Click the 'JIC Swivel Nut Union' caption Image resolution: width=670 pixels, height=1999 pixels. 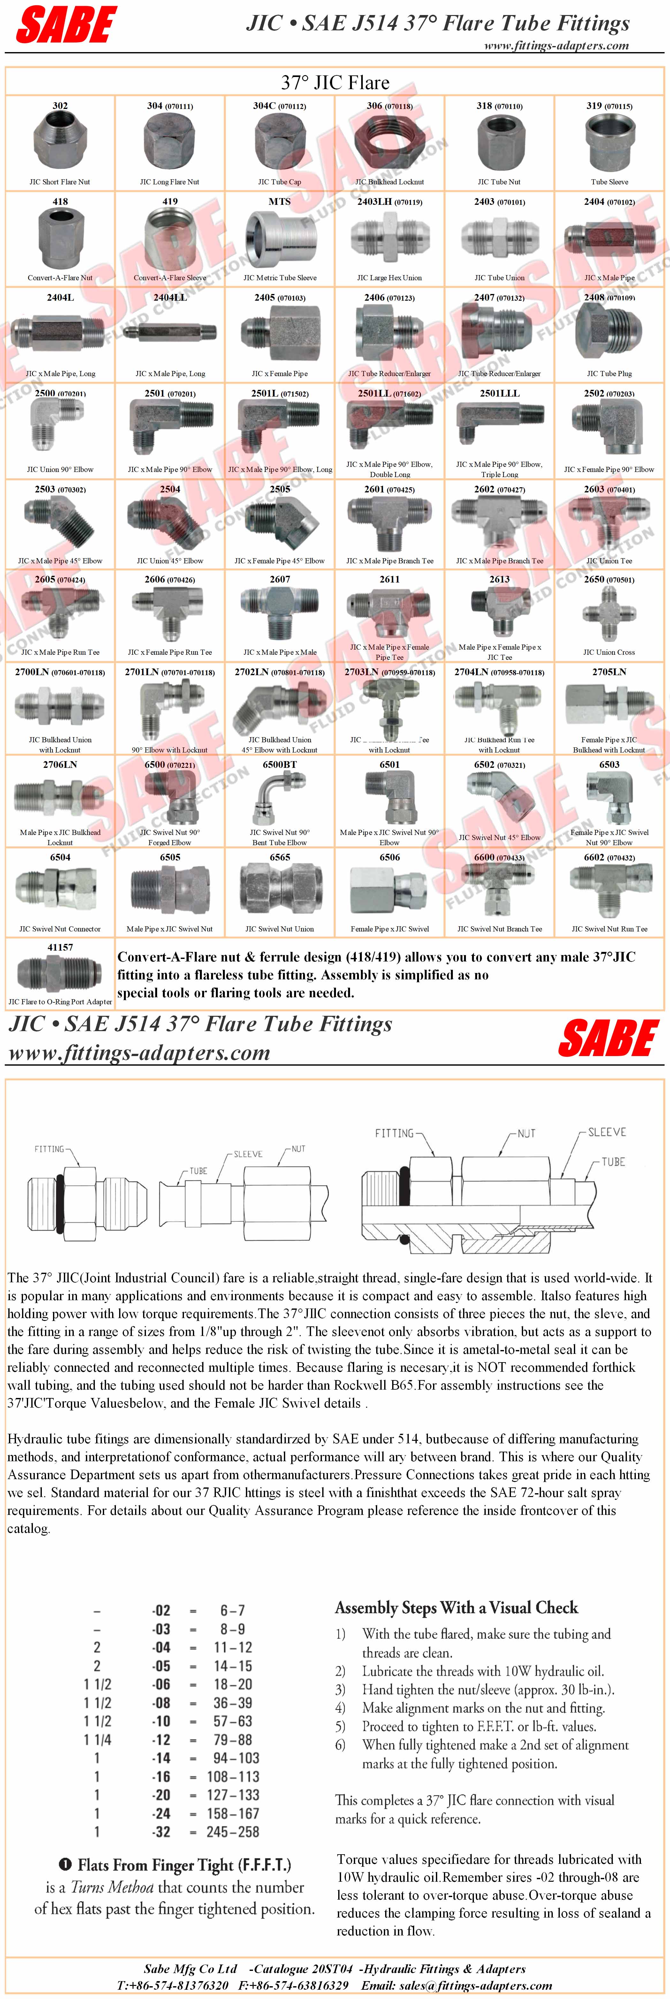click(280, 929)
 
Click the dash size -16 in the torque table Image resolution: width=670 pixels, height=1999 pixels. click(161, 1776)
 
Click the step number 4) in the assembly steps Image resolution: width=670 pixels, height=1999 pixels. click(340, 1708)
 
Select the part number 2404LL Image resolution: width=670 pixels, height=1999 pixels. click(170, 297)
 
